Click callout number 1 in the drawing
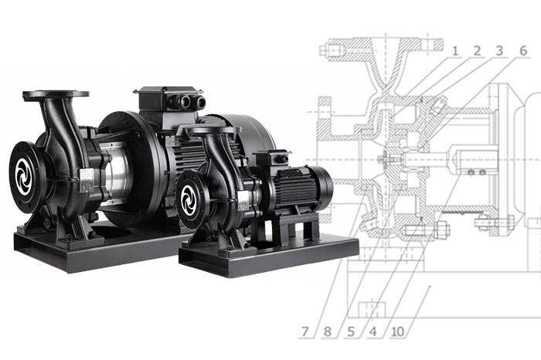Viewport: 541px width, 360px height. [x=455, y=51]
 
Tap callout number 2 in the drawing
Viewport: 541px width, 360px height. [x=477, y=51]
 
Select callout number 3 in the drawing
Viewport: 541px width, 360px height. [x=499, y=51]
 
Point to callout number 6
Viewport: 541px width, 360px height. [x=523, y=51]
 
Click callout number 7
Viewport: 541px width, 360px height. [x=305, y=331]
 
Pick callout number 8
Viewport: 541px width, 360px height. [x=328, y=331]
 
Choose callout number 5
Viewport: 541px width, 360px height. [x=351, y=331]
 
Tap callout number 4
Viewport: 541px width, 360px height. [x=373, y=331]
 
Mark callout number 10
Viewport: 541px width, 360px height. [x=398, y=331]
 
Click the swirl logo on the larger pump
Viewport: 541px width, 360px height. [x=23, y=177]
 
